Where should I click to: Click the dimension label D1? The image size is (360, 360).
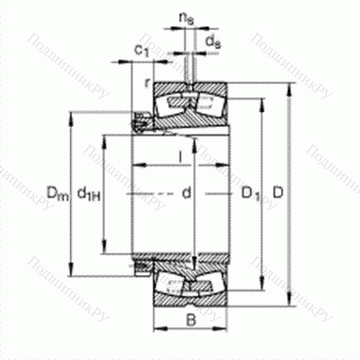click(x=250, y=193)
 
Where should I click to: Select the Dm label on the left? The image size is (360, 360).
click(x=55, y=192)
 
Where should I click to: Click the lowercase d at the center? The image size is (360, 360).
click(x=186, y=192)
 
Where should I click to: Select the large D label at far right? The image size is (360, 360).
click(x=276, y=192)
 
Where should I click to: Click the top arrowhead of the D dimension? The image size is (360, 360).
click(x=291, y=88)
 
